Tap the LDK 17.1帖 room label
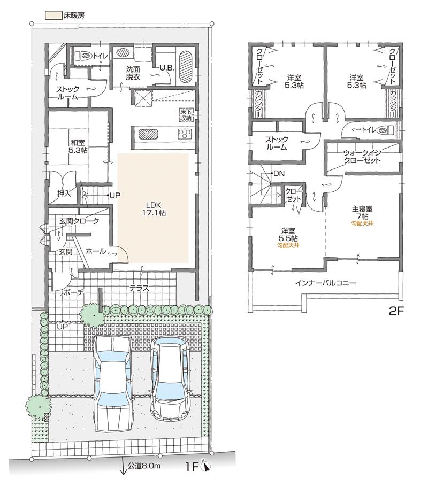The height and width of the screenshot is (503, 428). [152, 208]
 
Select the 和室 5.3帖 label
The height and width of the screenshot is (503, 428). [78, 146]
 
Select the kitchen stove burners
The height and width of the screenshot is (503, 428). [185, 134]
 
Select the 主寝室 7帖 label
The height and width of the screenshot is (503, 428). [362, 212]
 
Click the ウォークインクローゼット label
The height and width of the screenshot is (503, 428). [362, 156]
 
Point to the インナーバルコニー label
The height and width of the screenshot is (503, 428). [325, 283]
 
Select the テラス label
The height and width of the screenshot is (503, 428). [139, 288]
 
